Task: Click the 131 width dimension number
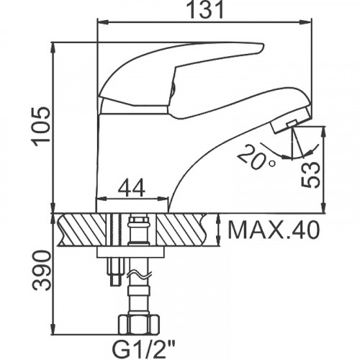[x=205, y=9]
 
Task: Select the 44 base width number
[x=132, y=187]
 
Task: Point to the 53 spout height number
[x=310, y=174]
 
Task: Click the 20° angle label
[x=256, y=157]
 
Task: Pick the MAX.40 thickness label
[x=274, y=230]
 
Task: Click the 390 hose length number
[x=42, y=271]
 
